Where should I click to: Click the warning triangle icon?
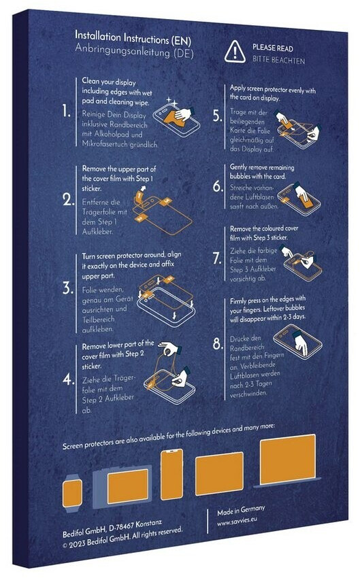click(235, 52)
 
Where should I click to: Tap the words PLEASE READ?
click(273, 48)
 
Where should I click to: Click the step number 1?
click(67, 111)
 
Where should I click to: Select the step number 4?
click(68, 379)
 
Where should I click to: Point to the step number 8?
click(218, 344)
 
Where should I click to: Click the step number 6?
click(218, 186)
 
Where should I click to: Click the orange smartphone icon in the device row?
click(172, 475)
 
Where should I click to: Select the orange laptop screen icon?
click(288, 458)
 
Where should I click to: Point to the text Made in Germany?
click(241, 511)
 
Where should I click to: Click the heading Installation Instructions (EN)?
click(133, 38)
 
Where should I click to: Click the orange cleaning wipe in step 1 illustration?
click(174, 117)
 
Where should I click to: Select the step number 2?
click(68, 200)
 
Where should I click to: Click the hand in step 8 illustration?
click(300, 341)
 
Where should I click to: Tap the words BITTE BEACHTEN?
click(279, 60)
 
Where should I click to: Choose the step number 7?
click(218, 258)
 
